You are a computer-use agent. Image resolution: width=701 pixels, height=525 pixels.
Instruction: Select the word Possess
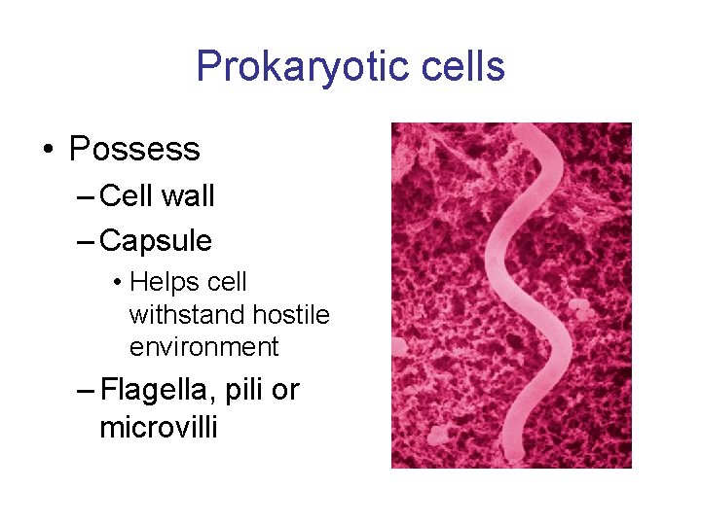[134, 149]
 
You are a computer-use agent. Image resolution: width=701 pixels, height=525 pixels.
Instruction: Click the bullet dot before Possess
[47, 150]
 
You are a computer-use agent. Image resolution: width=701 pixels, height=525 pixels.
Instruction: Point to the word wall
[188, 195]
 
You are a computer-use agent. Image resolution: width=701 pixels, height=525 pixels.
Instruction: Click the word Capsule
[156, 239]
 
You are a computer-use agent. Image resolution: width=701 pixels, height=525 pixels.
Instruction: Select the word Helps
[161, 282]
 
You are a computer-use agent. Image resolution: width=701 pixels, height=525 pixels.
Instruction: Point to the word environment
[203, 347]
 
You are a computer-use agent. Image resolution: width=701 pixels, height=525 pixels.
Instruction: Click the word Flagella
[159, 390]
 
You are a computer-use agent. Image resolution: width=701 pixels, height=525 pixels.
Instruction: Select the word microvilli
[159, 427]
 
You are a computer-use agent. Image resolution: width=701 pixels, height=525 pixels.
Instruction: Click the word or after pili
[285, 391]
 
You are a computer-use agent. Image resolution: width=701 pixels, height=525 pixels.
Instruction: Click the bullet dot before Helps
[116, 283]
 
